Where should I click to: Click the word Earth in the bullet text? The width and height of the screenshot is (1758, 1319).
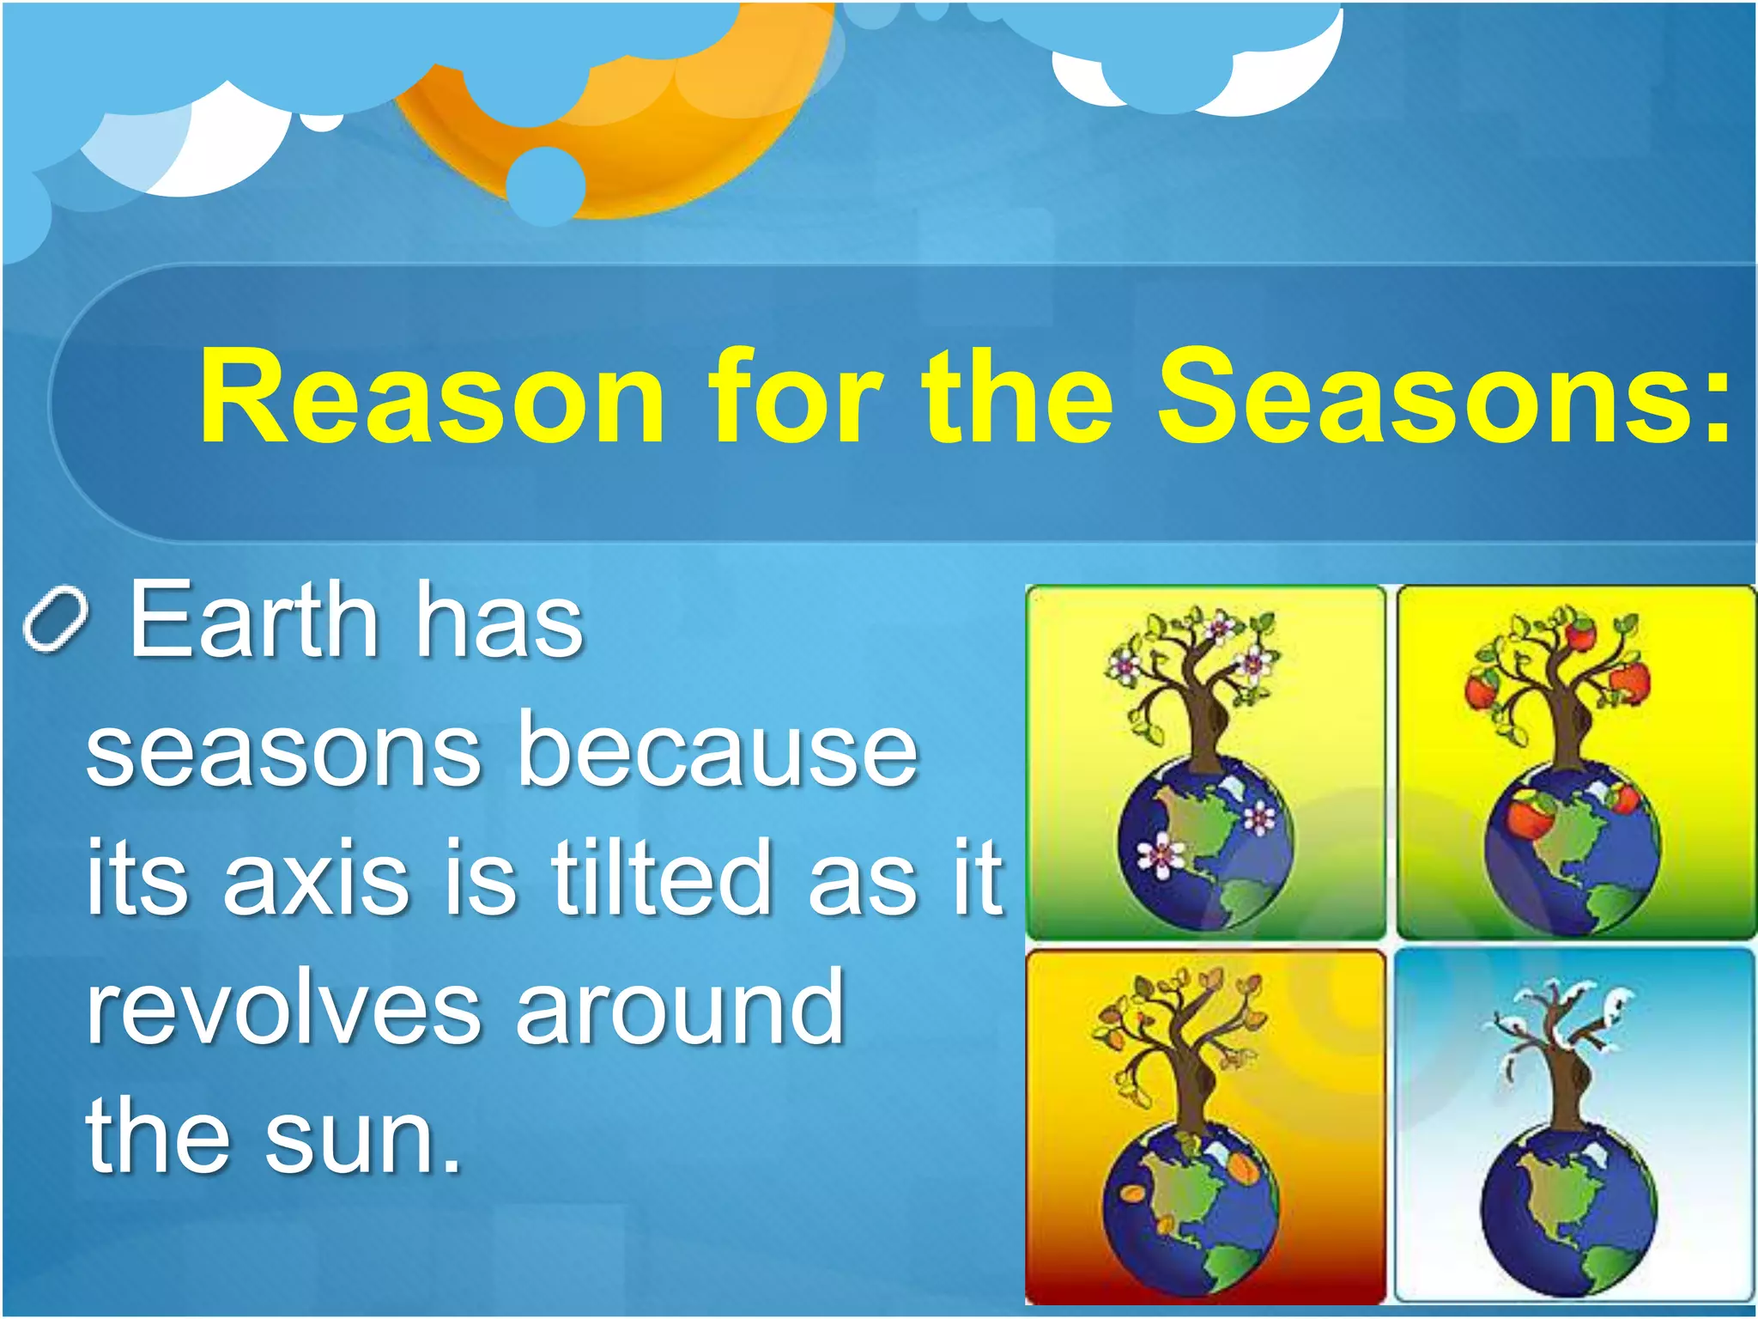(254, 620)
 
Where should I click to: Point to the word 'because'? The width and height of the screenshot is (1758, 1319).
(718, 751)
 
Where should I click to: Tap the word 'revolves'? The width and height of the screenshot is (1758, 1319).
(283, 1006)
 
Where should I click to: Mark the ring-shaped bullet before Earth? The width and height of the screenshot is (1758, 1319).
(55, 620)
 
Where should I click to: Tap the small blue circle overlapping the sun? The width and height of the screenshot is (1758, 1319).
(546, 185)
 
